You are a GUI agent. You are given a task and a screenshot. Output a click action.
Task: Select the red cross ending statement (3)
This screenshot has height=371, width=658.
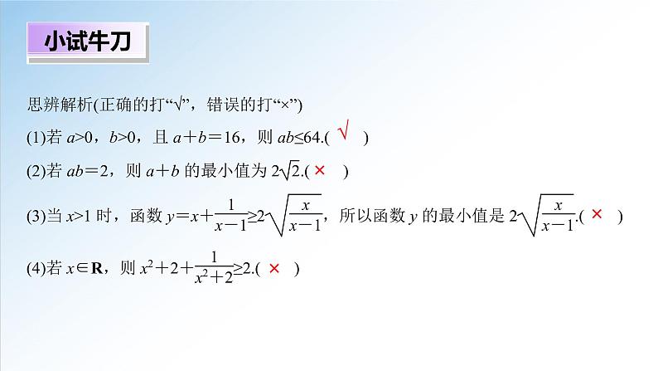point(597,215)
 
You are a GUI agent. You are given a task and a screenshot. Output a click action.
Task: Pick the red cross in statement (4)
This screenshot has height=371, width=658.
point(273,268)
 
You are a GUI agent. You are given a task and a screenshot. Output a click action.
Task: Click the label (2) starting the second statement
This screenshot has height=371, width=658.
point(36,172)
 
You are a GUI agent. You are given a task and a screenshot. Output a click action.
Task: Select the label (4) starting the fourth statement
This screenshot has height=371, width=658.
point(36,269)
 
